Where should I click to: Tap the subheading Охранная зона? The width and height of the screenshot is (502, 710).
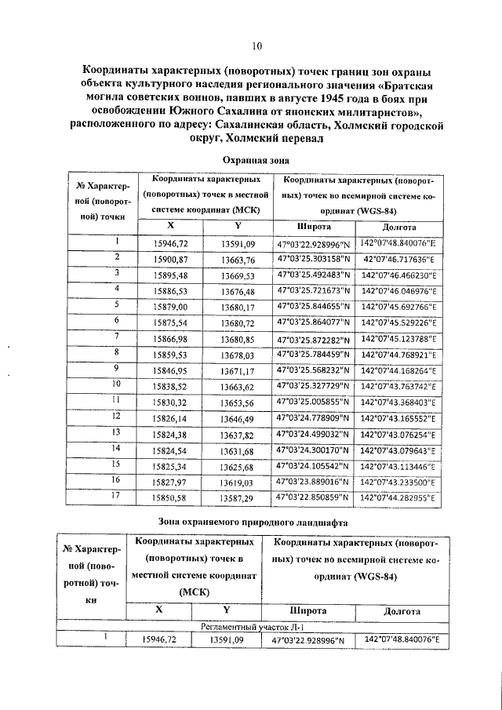click(x=256, y=159)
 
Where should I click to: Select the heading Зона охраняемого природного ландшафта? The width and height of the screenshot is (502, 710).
click(x=256, y=521)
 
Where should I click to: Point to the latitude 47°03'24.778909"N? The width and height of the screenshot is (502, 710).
click(x=313, y=418)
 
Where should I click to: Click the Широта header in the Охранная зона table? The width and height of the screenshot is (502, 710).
click(x=312, y=227)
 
